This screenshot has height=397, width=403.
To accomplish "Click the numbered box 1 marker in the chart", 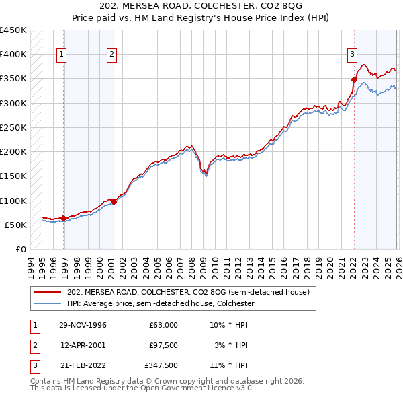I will click(62, 55).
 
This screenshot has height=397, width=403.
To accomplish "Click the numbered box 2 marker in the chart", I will click(111, 55).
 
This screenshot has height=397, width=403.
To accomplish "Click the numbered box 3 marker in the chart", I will click(352, 55).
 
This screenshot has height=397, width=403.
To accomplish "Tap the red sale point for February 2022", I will click(354, 79).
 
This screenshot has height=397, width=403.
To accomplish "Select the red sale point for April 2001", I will click(114, 201).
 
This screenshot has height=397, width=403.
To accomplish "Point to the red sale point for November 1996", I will click(63, 218).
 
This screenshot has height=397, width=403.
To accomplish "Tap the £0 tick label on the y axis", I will click(19, 249).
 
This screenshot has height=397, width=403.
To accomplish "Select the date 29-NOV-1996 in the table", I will click(83, 325).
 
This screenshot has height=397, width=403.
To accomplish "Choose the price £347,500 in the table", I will click(161, 365).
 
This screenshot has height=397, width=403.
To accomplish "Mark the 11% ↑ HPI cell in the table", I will click(228, 365).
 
